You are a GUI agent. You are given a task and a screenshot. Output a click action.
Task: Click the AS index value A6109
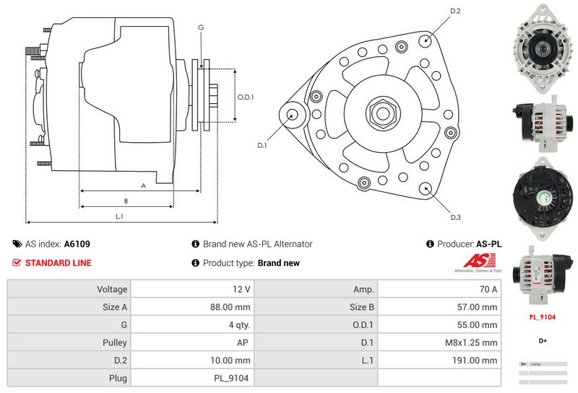[77, 244]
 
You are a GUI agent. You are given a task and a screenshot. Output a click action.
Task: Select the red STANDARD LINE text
[58, 263]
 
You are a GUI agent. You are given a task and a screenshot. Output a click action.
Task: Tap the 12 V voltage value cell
[242, 289]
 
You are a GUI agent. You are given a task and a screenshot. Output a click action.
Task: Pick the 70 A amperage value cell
[488, 289]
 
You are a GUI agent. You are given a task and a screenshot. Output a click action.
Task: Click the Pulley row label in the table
[116, 343]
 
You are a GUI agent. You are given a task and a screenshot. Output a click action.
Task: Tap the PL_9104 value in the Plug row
[233, 378]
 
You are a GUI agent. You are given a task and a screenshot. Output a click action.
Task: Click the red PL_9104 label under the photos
[542, 316]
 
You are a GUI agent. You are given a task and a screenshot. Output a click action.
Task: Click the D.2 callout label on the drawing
[455, 11]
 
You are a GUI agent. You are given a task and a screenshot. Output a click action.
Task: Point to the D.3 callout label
[455, 217]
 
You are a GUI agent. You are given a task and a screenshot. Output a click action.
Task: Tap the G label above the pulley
[200, 27]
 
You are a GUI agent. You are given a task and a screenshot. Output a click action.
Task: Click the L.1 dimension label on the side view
[119, 215]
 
